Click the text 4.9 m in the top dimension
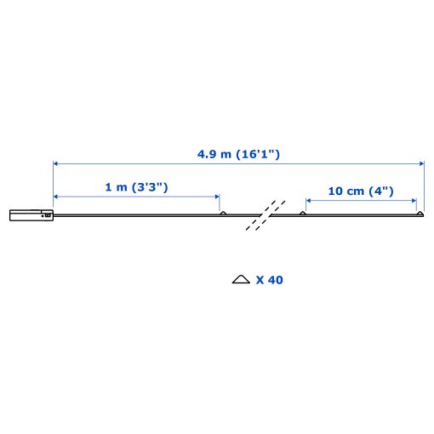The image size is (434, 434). tap(216, 154)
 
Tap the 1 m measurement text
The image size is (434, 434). tap(117, 187)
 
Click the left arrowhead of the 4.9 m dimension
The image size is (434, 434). tap(56, 163)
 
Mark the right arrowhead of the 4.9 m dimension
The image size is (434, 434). tap(420, 163)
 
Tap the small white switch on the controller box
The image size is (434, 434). tap(49, 215)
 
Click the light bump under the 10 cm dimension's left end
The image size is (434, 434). tap(303, 213)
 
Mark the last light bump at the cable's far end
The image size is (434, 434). tap(419, 213)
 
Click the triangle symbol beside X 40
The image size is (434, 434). tap(241, 279)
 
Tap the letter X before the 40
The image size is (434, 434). tap(260, 279)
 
